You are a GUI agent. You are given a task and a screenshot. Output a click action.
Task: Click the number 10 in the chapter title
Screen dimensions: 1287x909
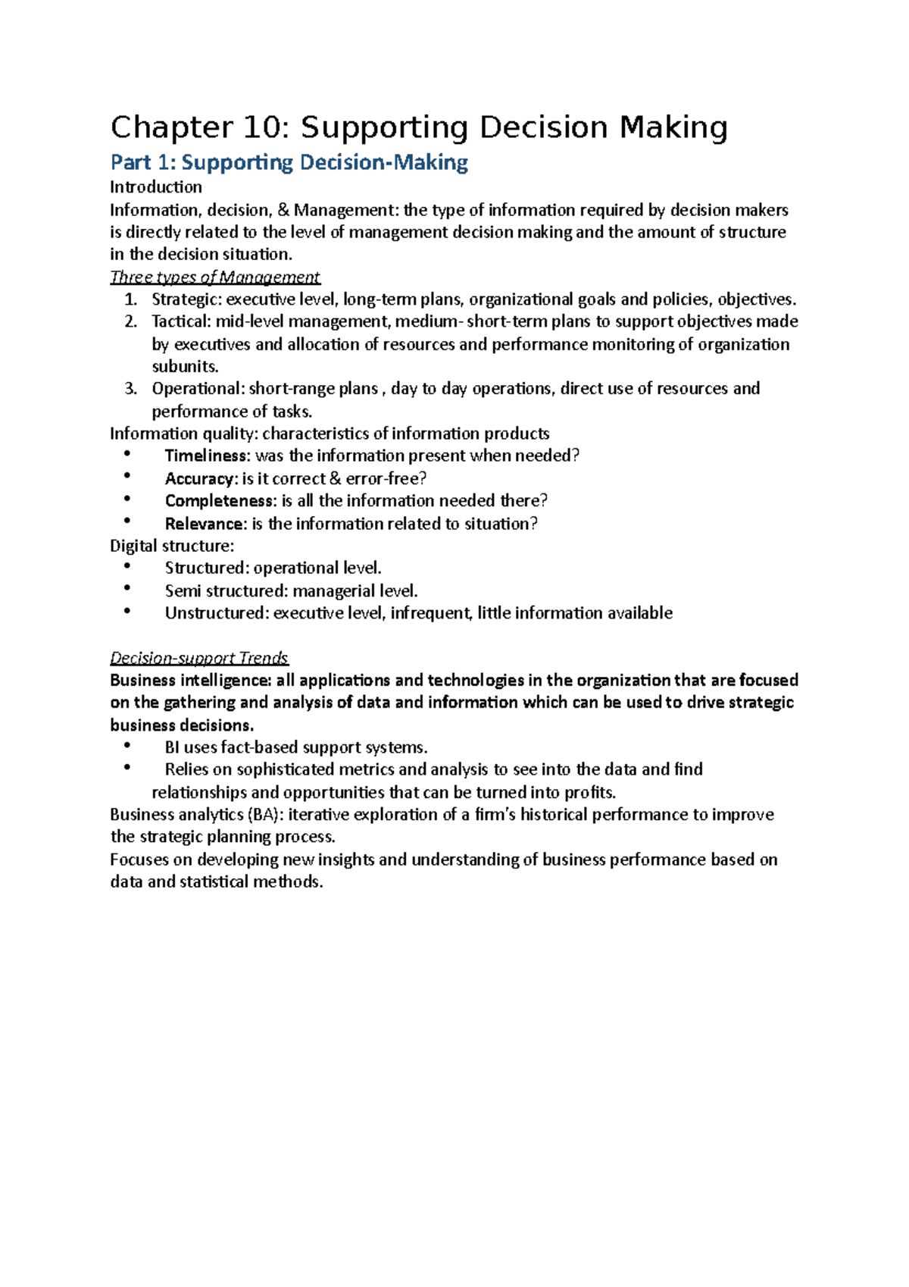coord(264,128)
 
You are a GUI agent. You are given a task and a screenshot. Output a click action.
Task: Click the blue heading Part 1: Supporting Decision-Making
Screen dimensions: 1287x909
coord(289,163)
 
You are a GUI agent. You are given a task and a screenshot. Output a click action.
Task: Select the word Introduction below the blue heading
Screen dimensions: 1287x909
coord(156,187)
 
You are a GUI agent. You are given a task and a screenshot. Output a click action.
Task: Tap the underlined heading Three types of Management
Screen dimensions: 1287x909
coord(215,277)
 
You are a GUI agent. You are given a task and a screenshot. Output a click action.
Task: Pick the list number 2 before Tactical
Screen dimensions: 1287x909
coord(130,322)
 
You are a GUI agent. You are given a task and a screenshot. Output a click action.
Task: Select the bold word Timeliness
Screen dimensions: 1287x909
coord(206,456)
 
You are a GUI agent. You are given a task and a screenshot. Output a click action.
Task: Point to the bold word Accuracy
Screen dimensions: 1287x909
coord(199,479)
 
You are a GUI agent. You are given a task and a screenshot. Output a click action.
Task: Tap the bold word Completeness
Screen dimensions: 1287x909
coord(219,501)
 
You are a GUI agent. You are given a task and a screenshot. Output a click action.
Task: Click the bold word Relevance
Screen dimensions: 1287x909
coord(205,524)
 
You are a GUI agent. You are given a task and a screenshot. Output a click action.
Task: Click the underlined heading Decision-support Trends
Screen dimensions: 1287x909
coord(199,658)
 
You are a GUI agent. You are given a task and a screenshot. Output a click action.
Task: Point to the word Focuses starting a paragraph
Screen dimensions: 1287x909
coord(141,860)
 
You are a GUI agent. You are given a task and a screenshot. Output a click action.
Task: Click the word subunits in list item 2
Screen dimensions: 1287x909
coord(184,367)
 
